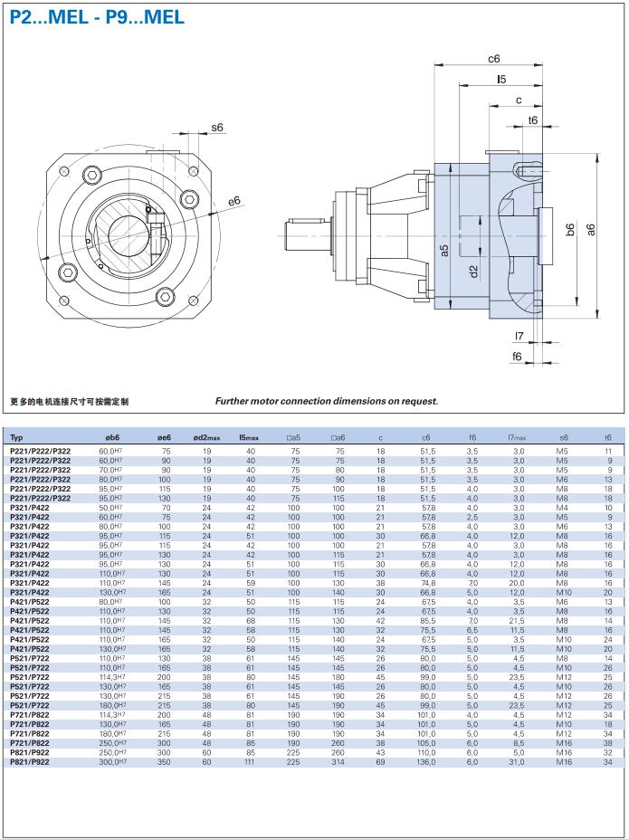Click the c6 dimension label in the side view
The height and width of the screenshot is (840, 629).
494,59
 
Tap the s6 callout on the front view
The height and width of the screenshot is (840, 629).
217,128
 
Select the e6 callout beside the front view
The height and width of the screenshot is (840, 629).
234,200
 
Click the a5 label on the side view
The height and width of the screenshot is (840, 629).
444,250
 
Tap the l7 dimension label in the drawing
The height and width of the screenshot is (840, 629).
519,337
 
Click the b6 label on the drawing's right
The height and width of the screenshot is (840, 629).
570,231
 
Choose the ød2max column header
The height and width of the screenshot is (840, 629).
206,438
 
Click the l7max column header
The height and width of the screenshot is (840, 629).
518,438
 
